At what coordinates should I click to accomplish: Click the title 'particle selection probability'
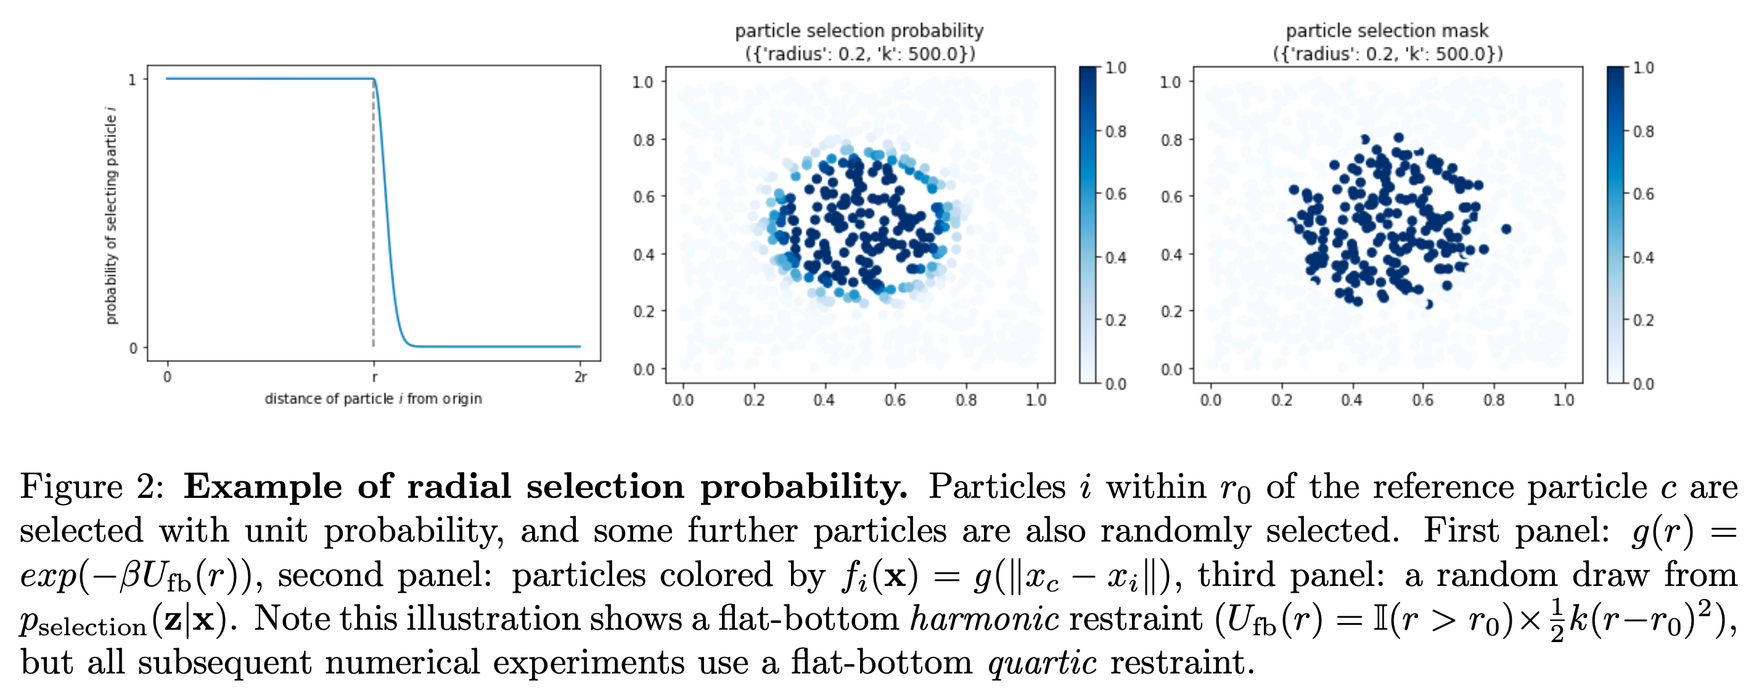coord(859,31)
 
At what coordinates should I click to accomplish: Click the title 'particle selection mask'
coord(1387,31)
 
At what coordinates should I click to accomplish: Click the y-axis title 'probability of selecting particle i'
coord(112,216)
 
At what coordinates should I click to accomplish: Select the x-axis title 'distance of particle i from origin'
coord(373,399)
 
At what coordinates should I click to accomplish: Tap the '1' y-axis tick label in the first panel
coord(133,80)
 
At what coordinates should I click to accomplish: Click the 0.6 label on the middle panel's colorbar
coord(1115,194)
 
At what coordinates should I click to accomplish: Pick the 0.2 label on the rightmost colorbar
coord(1643,320)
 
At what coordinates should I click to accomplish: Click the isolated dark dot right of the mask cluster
coord(1506,229)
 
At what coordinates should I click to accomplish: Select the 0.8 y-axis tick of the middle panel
coord(643,140)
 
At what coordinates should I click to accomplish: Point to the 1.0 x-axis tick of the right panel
coord(1564,401)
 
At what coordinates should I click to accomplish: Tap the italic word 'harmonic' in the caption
coord(983,619)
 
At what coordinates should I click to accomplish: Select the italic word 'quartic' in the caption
coord(1042,662)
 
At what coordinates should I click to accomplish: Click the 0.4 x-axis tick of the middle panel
coord(824,401)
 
